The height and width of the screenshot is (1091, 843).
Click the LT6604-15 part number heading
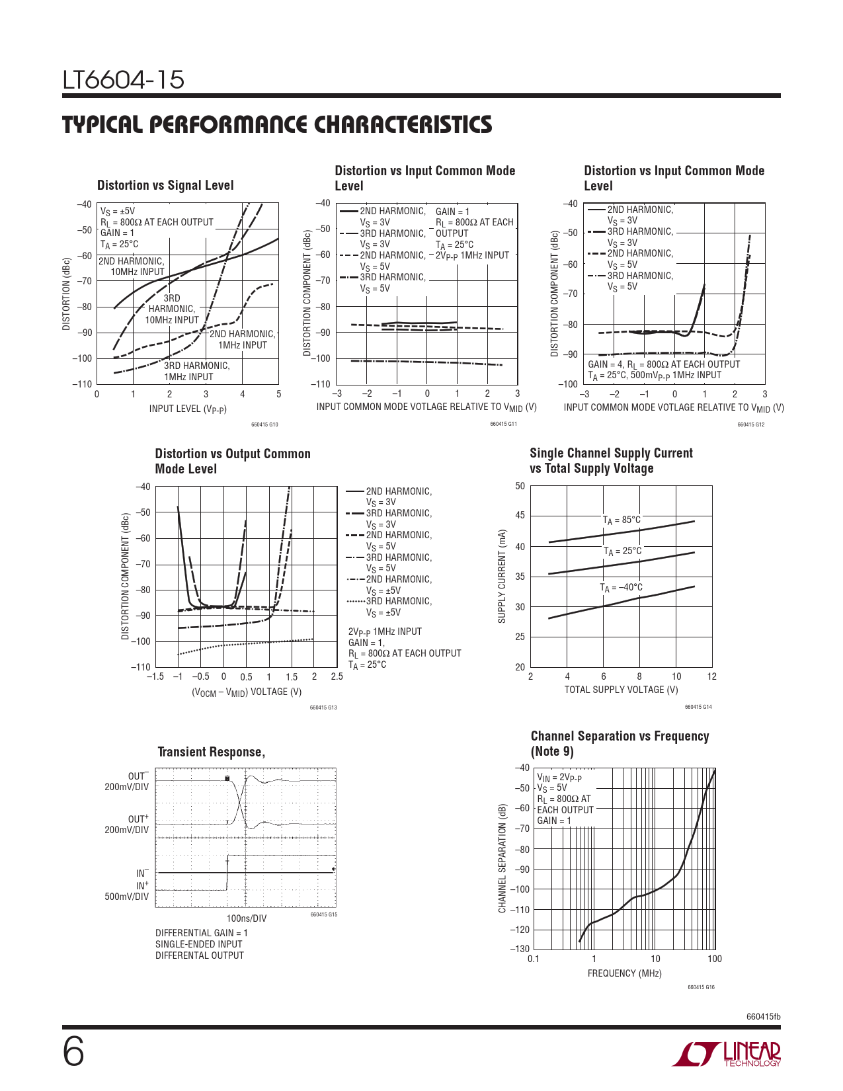point(124,81)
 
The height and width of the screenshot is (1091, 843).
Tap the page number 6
point(73,1052)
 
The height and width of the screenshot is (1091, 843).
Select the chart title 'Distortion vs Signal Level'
point(165,186)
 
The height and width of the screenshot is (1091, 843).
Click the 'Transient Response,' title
point(212,752)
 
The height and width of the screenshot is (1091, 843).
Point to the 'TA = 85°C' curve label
point(622,520)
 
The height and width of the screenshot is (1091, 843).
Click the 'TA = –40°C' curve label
point(621,588)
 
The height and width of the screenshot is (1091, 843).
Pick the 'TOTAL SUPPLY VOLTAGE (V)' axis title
point(621,690)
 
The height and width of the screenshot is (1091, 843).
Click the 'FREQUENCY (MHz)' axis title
point(624,973)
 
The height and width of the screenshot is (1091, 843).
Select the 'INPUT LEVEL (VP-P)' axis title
point(188,409)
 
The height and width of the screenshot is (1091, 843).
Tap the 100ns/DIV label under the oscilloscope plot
point(246,918)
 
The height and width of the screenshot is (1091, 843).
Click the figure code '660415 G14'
point(698,707)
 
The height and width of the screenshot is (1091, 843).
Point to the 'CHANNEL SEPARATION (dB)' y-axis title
point(502,859)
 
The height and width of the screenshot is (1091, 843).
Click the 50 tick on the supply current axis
point(520,487)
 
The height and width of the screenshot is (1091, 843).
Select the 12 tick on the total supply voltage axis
point(711,676)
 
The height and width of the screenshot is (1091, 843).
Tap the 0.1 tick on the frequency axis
point(534,959)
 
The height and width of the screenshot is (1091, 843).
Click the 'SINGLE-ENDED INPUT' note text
point(198,944)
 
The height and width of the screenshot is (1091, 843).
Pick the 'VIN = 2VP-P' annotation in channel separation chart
point(559,778)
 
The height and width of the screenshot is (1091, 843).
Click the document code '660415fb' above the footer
point(763,1016)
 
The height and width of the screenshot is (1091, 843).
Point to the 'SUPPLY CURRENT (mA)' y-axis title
point(502,576)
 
